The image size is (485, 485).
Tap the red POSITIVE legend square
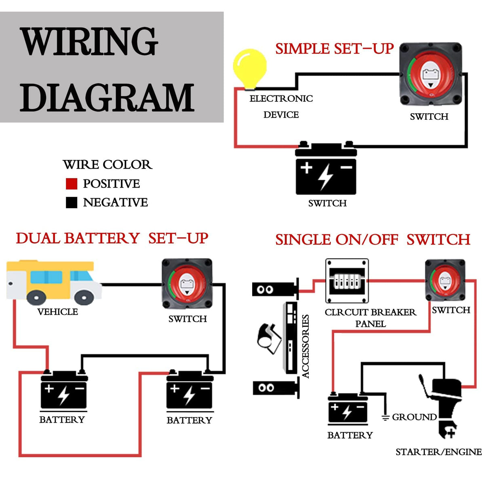(72, 184)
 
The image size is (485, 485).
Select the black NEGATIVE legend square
(72, 202)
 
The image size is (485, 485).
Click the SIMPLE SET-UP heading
(334, 49)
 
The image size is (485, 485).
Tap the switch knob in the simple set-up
(430, 74)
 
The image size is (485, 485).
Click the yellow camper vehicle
(54, 282)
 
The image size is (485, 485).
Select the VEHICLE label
(57, 312)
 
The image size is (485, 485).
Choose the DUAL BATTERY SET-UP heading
(112, 238)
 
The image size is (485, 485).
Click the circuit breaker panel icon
(347, 281)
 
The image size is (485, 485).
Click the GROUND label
(414, 417)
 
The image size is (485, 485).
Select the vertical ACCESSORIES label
(306, 346)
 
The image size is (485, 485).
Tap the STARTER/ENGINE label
(438, 452)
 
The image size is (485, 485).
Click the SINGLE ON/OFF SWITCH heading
(373, 240)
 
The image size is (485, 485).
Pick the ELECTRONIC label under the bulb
(281, 99)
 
